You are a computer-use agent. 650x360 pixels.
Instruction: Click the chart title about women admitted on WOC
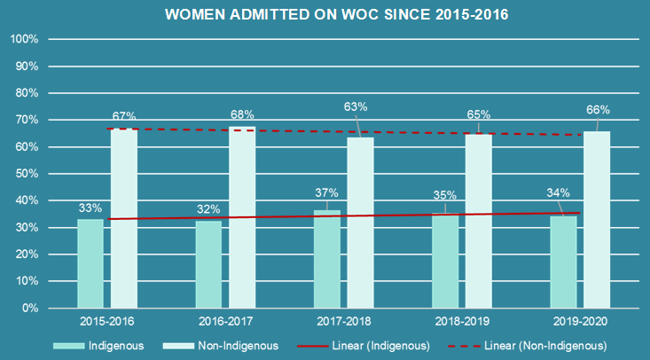click(x=325, y=16)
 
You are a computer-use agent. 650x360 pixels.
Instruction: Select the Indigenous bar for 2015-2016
click(x=90, y=263)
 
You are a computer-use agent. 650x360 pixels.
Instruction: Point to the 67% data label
click(x=124, y=116)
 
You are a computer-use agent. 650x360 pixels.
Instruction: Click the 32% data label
click(x=208, y=209)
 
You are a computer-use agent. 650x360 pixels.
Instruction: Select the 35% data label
click(x=445, y=196)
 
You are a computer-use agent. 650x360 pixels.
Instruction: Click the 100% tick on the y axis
click(x=22, y=40)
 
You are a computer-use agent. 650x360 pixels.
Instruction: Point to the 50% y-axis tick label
click(x=25, y=174)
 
